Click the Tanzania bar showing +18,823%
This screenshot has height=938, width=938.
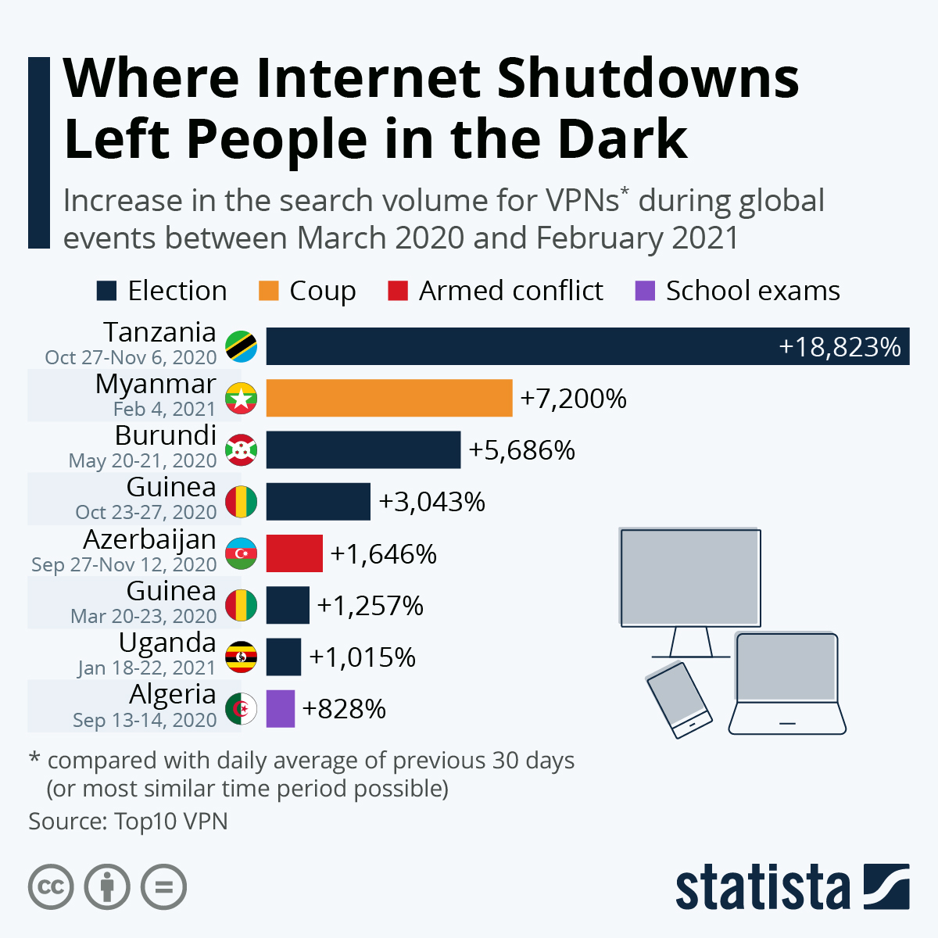(586, 346)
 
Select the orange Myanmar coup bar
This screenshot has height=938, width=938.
(388, 399)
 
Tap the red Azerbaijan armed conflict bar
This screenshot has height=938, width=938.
(294, 553)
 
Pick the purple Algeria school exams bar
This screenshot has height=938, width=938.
(280, 709)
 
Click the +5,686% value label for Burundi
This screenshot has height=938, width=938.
(521, 450)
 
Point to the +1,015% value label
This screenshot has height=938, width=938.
(362, 657)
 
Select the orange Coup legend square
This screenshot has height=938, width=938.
(268, 291)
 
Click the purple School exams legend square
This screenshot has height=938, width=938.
(645, 291)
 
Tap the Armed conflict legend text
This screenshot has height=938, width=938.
(510, 291)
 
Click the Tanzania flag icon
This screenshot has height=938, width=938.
(242, 346)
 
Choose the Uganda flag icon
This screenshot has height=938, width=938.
(242, 657)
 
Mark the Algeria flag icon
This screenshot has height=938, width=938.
(242, 709)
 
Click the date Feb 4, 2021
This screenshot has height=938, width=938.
(164, 409)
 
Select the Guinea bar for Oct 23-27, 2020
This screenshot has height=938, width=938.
(317, 502)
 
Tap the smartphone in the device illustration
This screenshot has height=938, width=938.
(678, 700)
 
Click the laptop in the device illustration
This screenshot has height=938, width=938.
(787, 684)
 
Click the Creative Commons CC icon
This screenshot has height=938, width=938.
(51, 887)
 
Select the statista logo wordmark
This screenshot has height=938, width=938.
(762, 887)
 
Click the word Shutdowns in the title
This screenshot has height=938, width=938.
(647, 78)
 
